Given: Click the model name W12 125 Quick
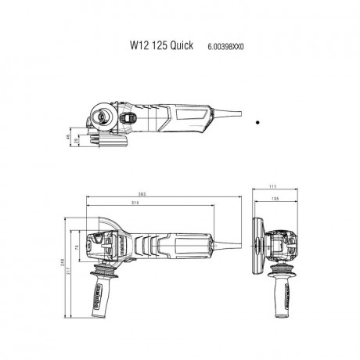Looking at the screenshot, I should click(x=155, y=46).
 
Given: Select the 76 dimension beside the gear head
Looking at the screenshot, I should click(x=88, y=248).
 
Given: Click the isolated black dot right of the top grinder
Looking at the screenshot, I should click(x=258, y=122).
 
